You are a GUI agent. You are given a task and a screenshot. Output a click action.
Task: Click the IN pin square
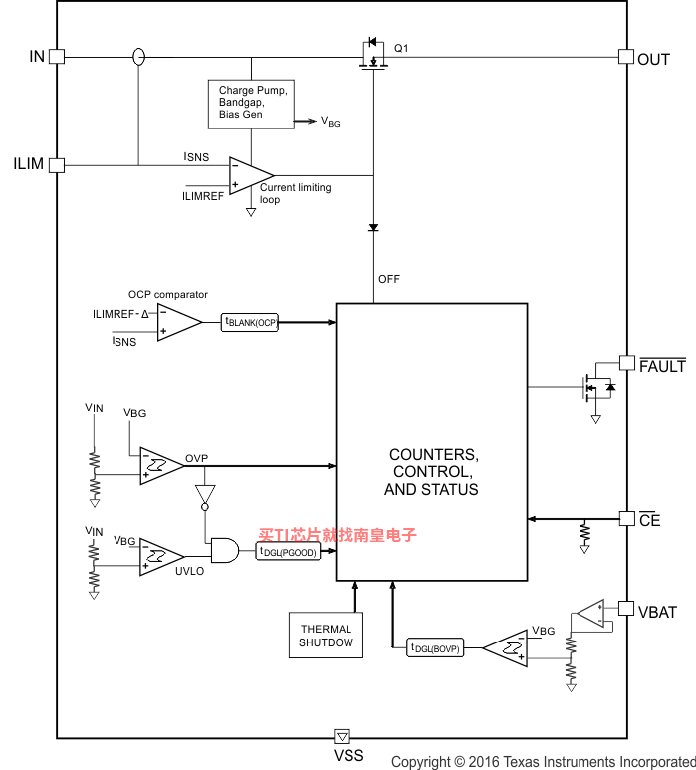[57, 57]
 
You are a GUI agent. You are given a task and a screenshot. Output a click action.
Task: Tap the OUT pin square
[626, 57]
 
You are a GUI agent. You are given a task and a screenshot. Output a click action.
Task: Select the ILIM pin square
[57, 165]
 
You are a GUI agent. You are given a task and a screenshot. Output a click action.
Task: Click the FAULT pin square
[626, 363]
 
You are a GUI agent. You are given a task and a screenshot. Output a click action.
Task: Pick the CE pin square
[626, 519]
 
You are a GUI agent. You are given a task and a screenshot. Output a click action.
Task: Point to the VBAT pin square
[626, 608]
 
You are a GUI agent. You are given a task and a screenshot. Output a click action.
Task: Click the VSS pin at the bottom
[343, 736]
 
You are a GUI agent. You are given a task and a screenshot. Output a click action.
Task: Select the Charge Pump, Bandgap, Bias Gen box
[251, 105]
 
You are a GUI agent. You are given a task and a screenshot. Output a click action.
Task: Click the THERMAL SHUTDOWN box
[326, 635]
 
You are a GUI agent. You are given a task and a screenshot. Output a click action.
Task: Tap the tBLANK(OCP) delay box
[250, 322]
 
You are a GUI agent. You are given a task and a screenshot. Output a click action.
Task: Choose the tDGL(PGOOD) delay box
[288, 551]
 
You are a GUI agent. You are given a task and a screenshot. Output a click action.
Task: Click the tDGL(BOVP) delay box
[435, 647]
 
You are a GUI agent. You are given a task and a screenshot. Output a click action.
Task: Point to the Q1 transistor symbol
[373, 54]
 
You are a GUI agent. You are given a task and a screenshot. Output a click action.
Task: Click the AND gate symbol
[225, 550]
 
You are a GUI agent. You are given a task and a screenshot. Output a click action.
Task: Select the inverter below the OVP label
[205, 497]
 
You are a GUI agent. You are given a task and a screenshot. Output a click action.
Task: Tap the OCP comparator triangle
[179, 322]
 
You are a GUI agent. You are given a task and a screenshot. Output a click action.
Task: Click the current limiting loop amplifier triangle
[251, 175]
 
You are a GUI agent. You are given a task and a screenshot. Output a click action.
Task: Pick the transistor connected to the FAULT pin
[597, 387]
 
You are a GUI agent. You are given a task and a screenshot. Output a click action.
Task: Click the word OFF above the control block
[388, 279]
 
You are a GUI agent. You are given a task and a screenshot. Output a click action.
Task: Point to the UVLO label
[189, 571]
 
